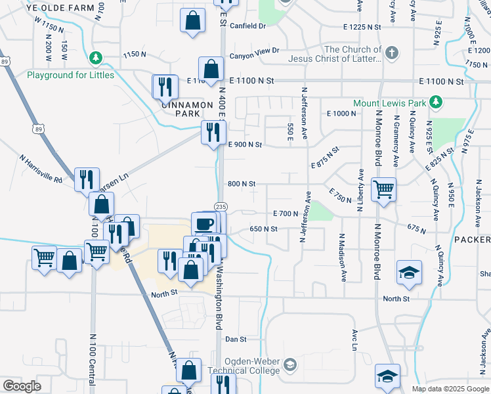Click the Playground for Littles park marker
tap(96, 58)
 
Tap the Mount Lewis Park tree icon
tap(435, 102)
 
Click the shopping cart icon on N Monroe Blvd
tap(383, 189)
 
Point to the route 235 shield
tap(221, 206)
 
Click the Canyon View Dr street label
tap(255, 50)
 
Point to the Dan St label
tap(235, 339)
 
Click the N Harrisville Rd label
tap(41, 169)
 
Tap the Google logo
tap(22, 386)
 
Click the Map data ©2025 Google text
tap(450, 389)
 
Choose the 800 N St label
tap(241, 184)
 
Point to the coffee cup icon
tap(204, 222)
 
